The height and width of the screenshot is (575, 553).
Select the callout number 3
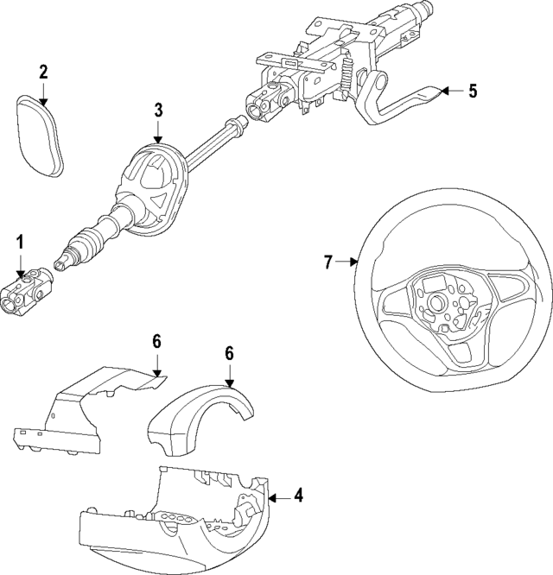coord(158,110)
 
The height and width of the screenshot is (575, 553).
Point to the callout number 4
coord(298,496)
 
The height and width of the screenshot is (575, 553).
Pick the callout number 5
coord(473,91)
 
